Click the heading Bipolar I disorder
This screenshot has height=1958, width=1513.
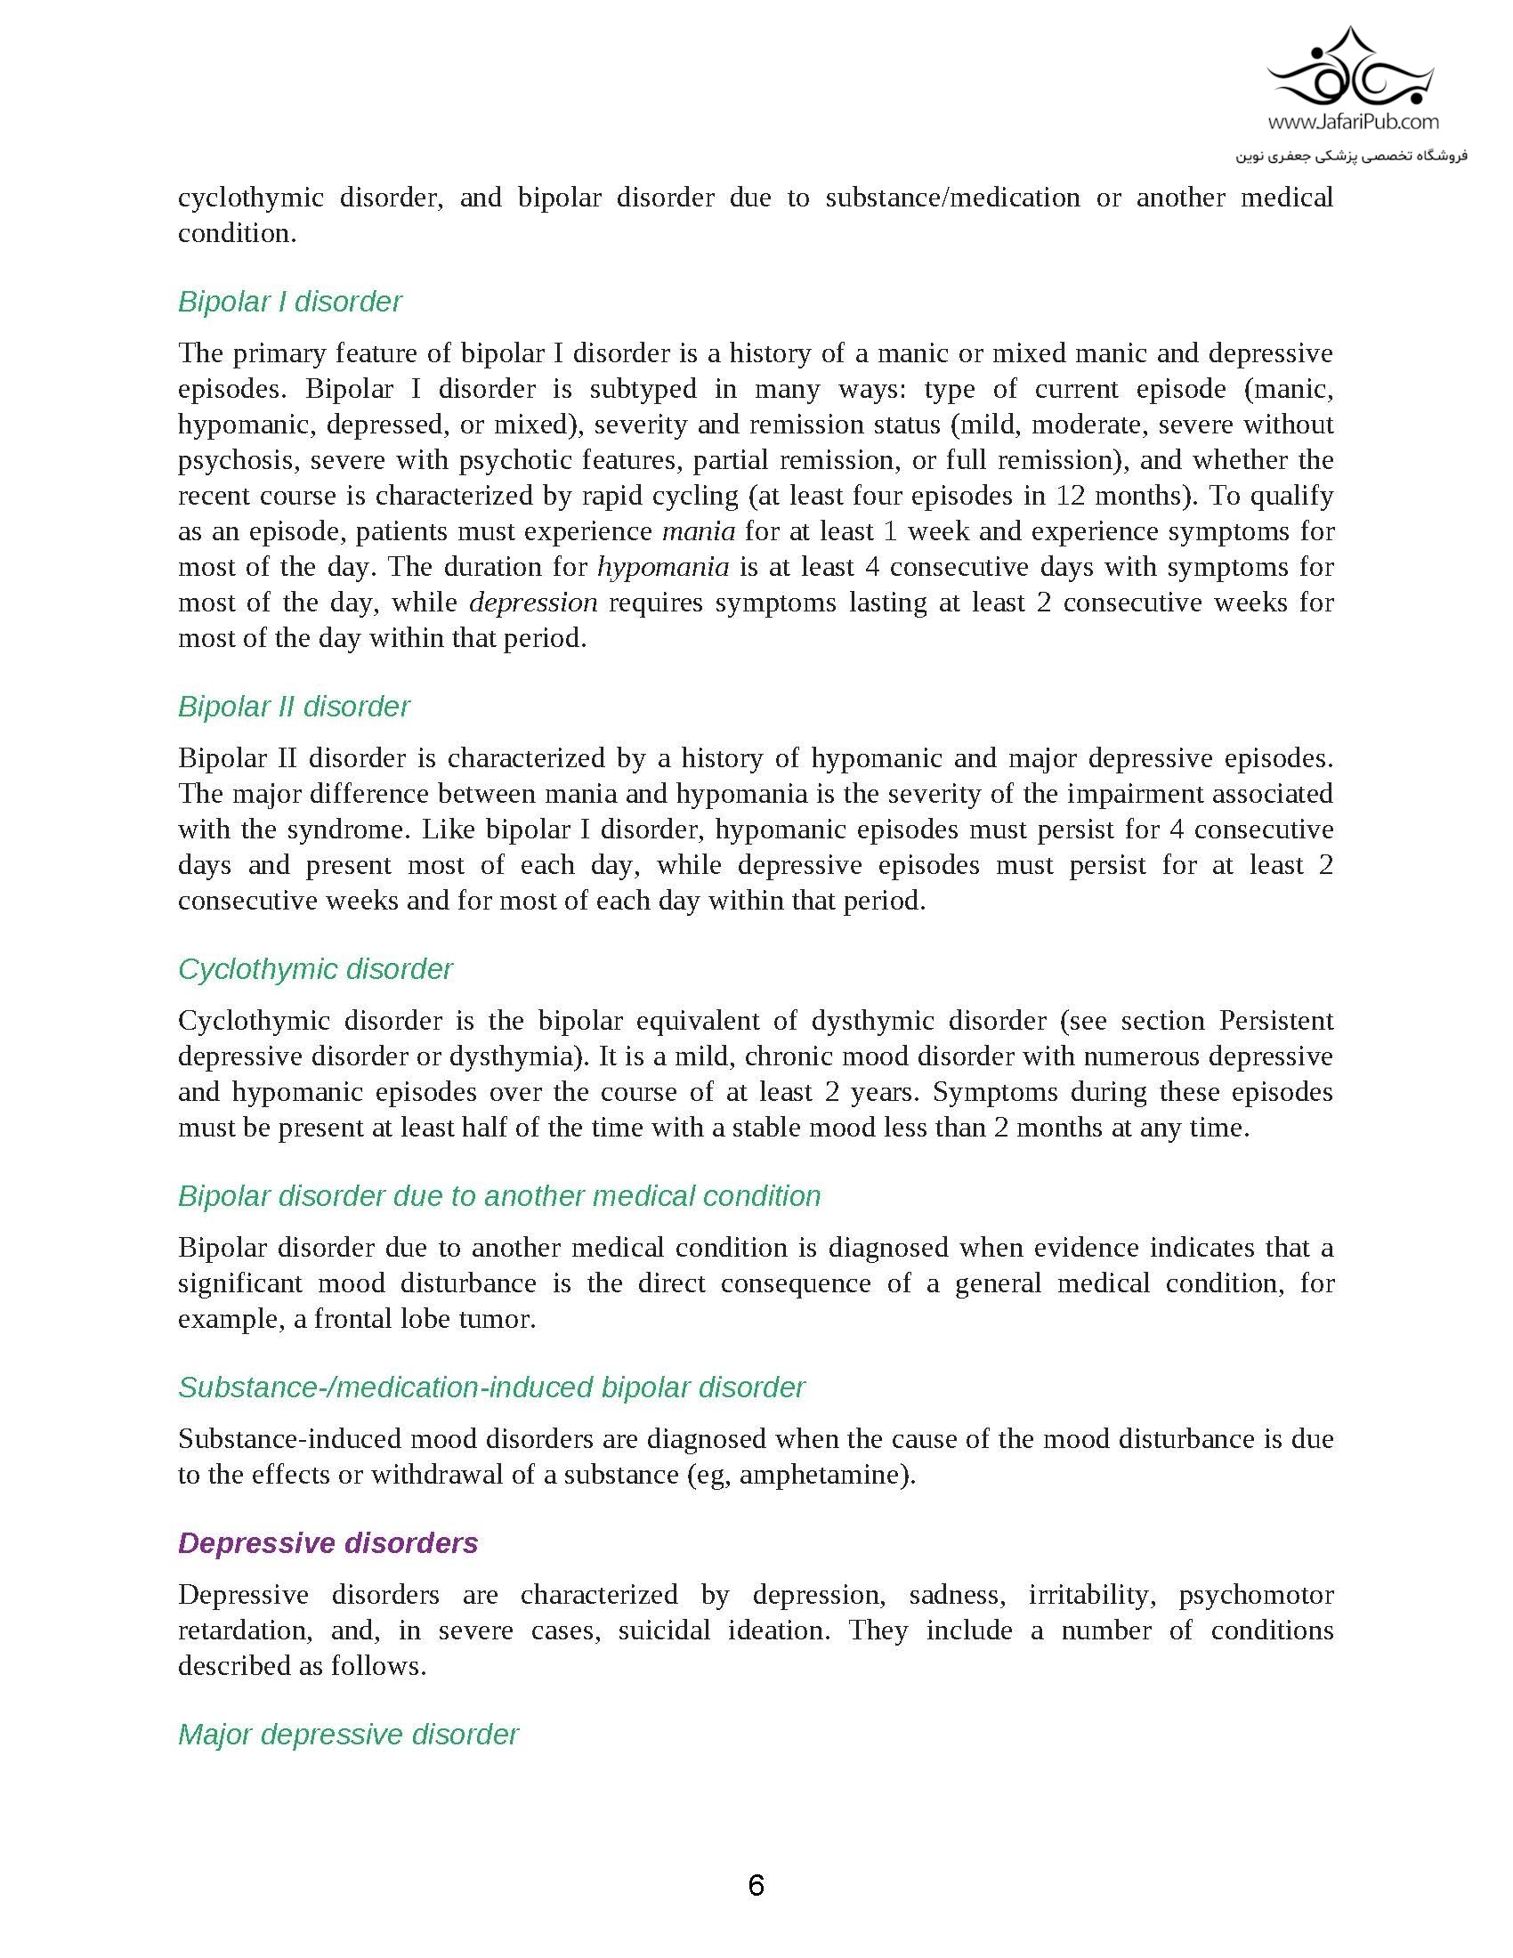click(289, 302)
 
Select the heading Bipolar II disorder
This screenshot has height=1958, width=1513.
click(293, 708)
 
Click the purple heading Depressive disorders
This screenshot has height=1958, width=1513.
click(328, 1544)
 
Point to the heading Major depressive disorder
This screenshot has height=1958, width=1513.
click(348, 1735)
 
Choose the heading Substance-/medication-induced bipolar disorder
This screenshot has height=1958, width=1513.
click(491, 1388)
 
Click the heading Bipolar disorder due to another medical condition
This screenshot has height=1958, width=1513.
click(498, 1197)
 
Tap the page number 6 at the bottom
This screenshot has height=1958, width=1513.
click(756, 1886)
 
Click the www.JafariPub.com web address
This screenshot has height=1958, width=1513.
click(1354, 121)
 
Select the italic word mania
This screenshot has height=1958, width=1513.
click(699, 531)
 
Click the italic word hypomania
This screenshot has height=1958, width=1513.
click(662, 568)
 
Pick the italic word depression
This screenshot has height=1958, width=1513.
click(533, 603)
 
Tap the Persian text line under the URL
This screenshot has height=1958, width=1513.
click(1352, 156)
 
